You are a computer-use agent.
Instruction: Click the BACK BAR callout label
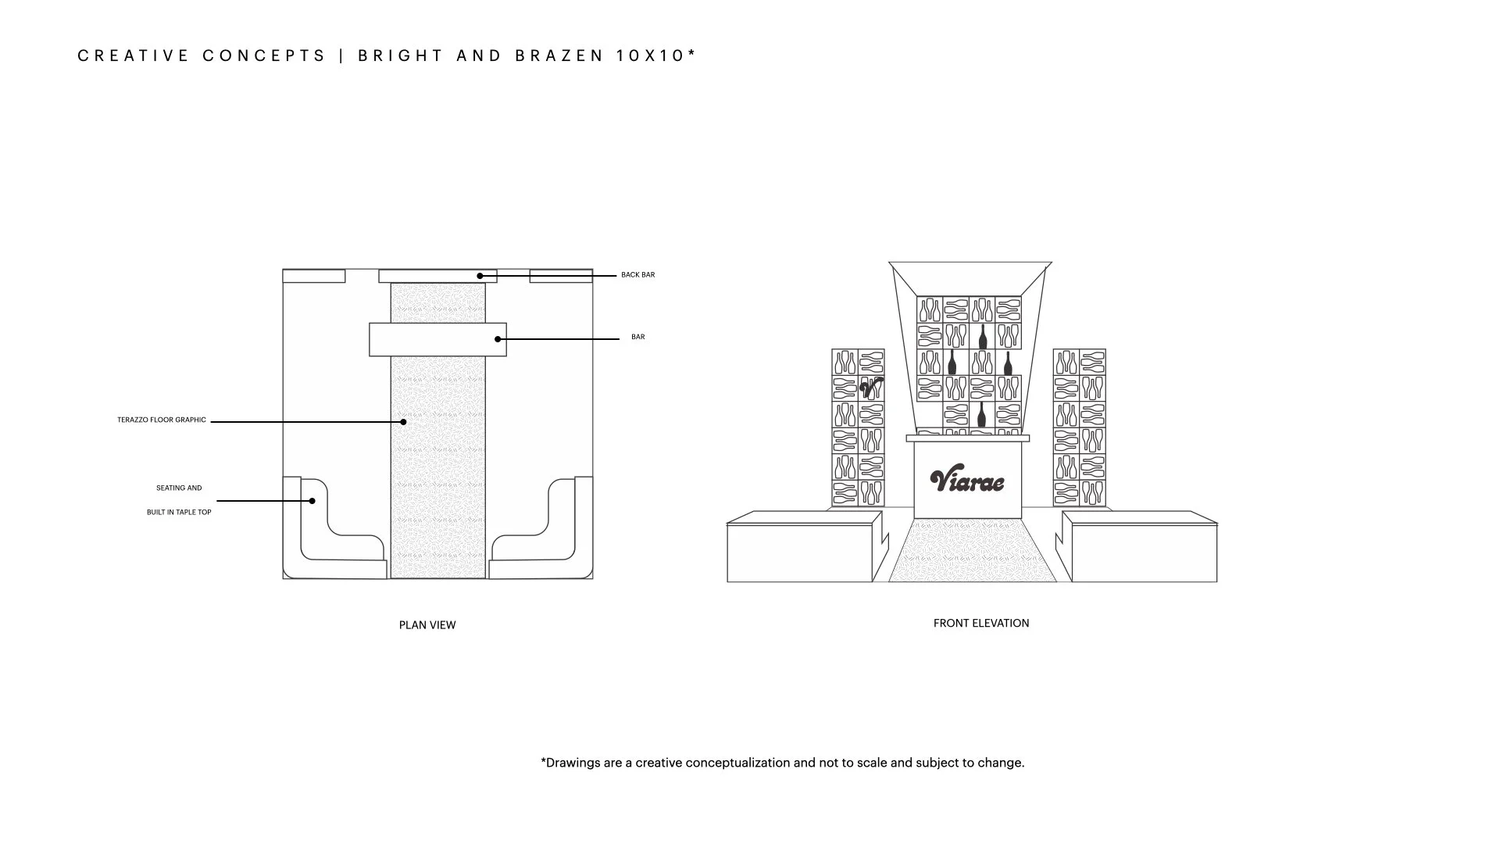point(637,275)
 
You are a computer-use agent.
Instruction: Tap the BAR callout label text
point(637,337)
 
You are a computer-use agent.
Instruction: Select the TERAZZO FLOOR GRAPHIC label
point(162,420)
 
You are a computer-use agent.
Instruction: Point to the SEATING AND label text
point(179,488)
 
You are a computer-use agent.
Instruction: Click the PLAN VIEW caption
point(427,625)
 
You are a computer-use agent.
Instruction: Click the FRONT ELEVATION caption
point(981,624)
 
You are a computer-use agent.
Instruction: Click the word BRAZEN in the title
point(559,56)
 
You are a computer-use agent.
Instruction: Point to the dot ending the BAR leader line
point(498,339)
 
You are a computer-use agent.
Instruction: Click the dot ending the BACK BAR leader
point(480,276)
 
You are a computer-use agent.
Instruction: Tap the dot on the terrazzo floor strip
point(404,422)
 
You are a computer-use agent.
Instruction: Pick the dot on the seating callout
point(312,501)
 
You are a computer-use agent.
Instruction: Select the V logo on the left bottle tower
point(871,388)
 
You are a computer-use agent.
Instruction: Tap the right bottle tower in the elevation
point(1079,427)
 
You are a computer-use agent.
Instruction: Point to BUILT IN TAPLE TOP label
point(179,513)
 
